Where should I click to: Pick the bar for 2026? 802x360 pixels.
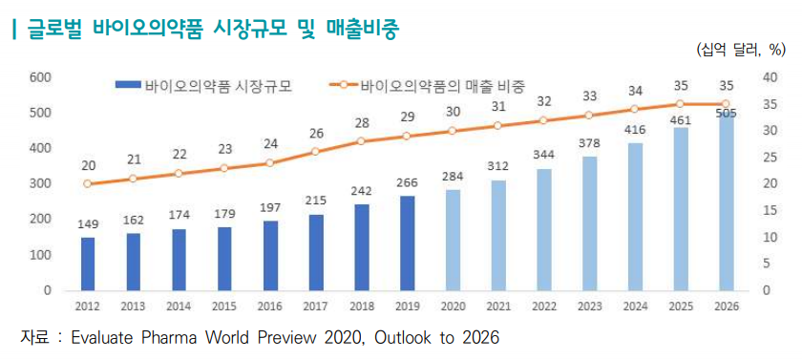(x=727, y=201)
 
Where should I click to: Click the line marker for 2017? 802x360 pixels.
(x=316, y=152)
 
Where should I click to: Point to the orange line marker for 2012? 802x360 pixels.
(x=88, y=183)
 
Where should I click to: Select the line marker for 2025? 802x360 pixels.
(x=680, y=104)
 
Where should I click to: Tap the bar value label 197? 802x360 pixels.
(x=270, y=207)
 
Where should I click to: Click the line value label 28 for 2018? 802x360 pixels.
(x=362, y=123)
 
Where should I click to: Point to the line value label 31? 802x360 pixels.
(x=498, y=107)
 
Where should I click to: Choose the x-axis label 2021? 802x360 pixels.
(x=498, y=307)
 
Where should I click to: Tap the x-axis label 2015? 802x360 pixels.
(x=224, y=307)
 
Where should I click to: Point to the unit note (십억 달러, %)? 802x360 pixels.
(x=740, y=50)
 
